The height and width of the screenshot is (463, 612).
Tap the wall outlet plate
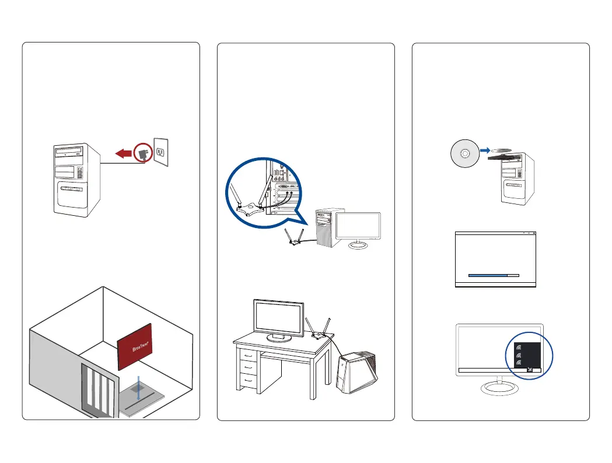(163, 151)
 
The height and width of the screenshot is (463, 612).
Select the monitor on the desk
(278, 317)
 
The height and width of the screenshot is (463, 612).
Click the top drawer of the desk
(249, 355)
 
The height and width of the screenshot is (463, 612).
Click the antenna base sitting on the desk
(317, 335)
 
